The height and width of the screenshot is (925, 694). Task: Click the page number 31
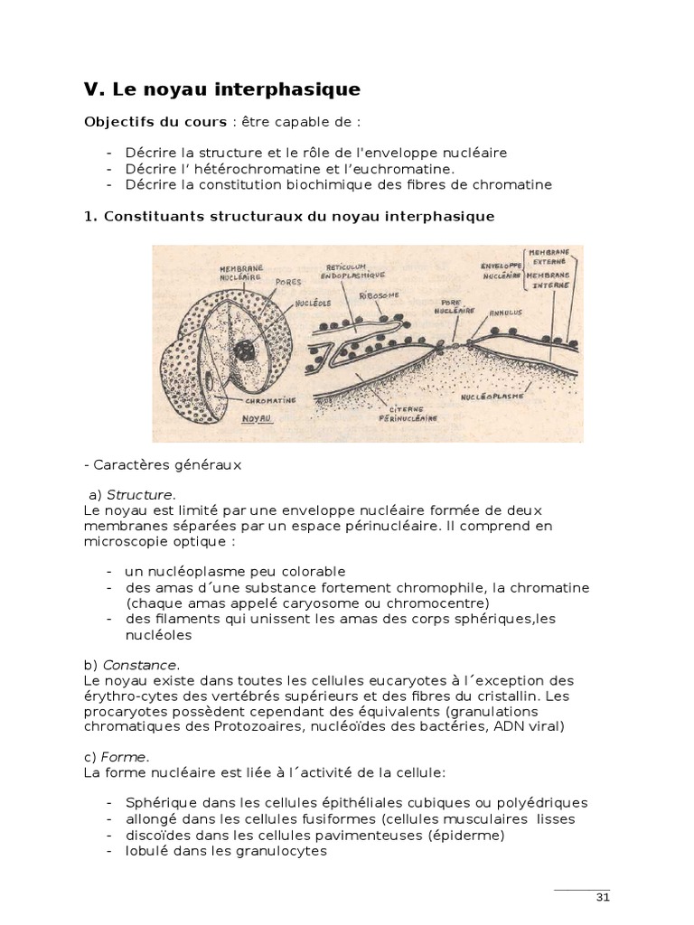[603, 897]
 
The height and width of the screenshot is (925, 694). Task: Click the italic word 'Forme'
[127, 757]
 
